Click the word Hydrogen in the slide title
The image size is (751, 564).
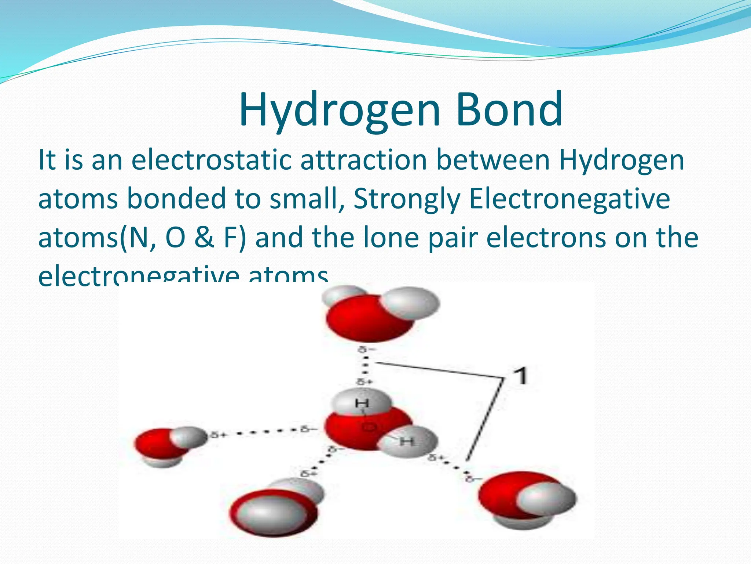click(x=339, y=109)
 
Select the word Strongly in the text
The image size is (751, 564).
click(x=407, y=199)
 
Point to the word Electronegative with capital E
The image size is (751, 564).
click(x=569, y=199)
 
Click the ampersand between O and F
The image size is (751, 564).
click(x=204, y=238)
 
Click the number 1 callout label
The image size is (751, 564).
click(x=520, y=376)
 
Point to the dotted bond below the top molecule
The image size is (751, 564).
click(x=365, y=365)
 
